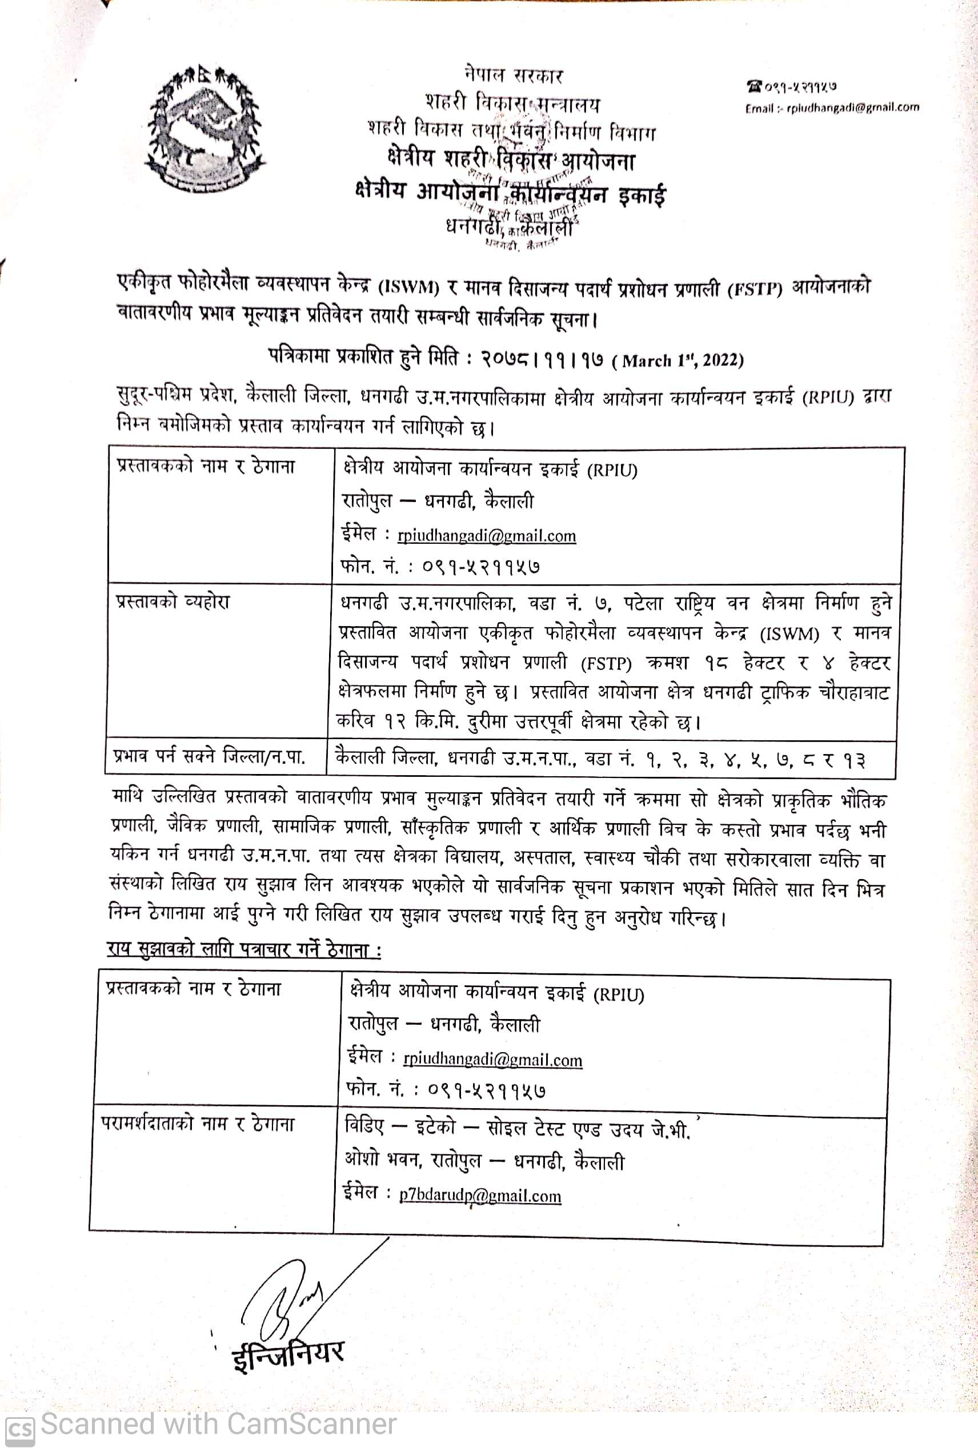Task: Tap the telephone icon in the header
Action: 755,87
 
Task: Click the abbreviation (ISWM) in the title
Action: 408,287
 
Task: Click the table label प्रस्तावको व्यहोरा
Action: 174,602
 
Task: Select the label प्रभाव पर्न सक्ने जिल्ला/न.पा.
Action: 209,757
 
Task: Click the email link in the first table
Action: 487,536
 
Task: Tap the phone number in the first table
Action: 481,566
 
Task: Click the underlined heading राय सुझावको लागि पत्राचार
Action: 244,950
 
